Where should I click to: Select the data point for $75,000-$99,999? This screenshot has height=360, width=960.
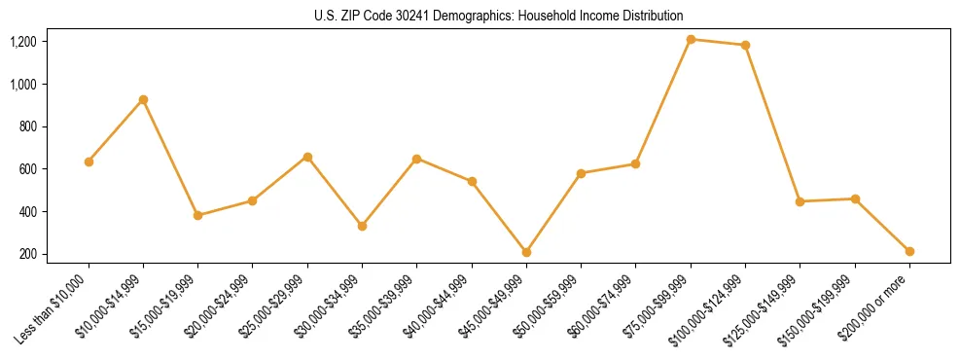click(x=691, y=40)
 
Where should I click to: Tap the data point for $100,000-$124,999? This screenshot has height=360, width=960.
click(x=745, y=45)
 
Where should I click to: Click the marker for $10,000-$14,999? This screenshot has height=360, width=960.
click(x=143, y=99)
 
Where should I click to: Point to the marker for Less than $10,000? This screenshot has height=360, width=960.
click(x=89, y=162)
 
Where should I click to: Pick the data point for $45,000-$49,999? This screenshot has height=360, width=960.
click(x=526, y=252)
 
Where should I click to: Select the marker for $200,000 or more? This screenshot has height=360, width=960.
click(x=909, y=251)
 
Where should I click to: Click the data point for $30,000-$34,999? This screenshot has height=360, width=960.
click(x=362, y=226)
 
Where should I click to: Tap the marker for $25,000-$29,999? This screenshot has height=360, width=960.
click(x=307, y=157)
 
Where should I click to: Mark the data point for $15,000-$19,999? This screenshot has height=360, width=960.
click(x=197, y=215)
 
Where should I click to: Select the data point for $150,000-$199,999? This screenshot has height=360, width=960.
click(x=855, y=198)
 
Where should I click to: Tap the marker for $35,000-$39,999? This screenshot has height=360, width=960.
click(x=416, y=159)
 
